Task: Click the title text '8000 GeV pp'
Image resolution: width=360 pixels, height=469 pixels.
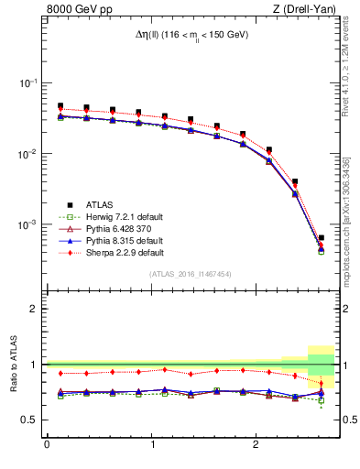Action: coord(76,10)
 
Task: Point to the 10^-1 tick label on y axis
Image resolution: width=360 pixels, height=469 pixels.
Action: coord(29,83)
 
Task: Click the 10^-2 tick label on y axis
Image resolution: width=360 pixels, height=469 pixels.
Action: coord(29,154)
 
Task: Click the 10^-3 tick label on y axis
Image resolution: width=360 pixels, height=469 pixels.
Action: coord(29,224)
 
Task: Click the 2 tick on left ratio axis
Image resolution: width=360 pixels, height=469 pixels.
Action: coord(36,309)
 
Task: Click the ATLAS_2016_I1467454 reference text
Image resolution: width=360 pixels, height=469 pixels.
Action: coord(190,274)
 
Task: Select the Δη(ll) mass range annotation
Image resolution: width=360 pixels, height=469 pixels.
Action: coord(190,35)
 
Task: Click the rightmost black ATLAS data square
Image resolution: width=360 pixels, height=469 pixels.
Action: coord(321,238)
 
